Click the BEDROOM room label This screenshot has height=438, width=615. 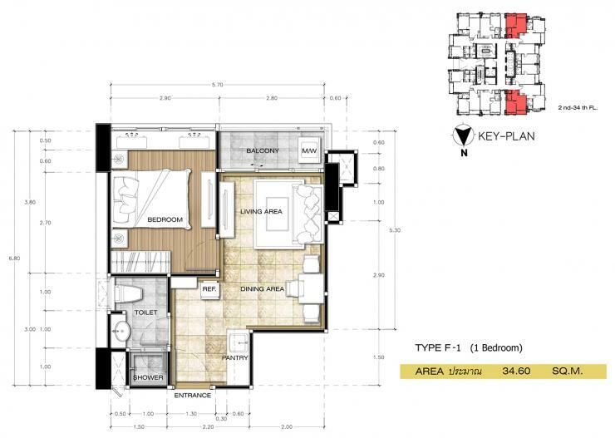point(165,219)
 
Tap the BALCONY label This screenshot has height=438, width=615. point(262,150)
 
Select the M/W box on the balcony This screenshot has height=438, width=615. point(310,150)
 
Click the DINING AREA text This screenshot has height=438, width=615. point(263,288)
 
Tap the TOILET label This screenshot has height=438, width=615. point(146,313)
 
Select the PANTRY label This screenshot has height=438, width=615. point(236,358)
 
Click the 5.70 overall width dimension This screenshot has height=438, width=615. point(218,85)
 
